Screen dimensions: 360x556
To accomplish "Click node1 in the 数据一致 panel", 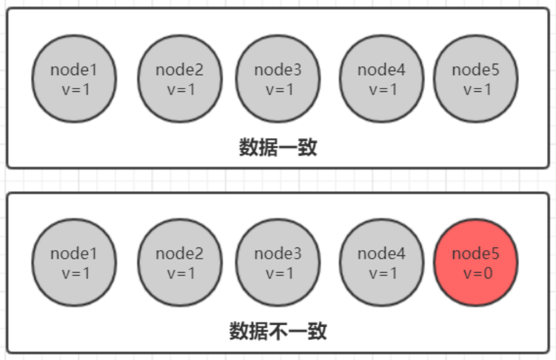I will [74, 79].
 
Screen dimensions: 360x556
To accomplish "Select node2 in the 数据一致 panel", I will [180, 79].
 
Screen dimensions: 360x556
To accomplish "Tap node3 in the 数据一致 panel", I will [278, 79].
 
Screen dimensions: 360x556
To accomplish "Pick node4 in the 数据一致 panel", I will [381, 79].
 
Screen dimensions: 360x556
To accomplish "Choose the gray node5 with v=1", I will [476, 79].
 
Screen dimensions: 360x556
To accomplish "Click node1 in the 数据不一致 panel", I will [74, 263].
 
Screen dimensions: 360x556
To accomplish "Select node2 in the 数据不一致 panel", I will [180, 263].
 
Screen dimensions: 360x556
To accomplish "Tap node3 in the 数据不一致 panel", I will [278, 263].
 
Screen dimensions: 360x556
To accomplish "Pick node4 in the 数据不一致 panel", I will [381, 263].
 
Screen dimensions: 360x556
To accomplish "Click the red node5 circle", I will [476, 263].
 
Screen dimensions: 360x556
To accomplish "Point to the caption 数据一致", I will [277, 147].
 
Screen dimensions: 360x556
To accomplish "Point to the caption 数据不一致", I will [277, 331].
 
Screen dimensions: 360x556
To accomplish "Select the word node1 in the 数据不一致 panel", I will [74, 253].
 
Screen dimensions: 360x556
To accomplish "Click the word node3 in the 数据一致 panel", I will [278, 70].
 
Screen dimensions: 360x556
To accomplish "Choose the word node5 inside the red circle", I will [476, 253].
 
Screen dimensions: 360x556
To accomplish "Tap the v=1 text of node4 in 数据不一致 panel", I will [381, 273].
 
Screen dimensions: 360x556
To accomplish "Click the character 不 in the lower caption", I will [277, 331].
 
